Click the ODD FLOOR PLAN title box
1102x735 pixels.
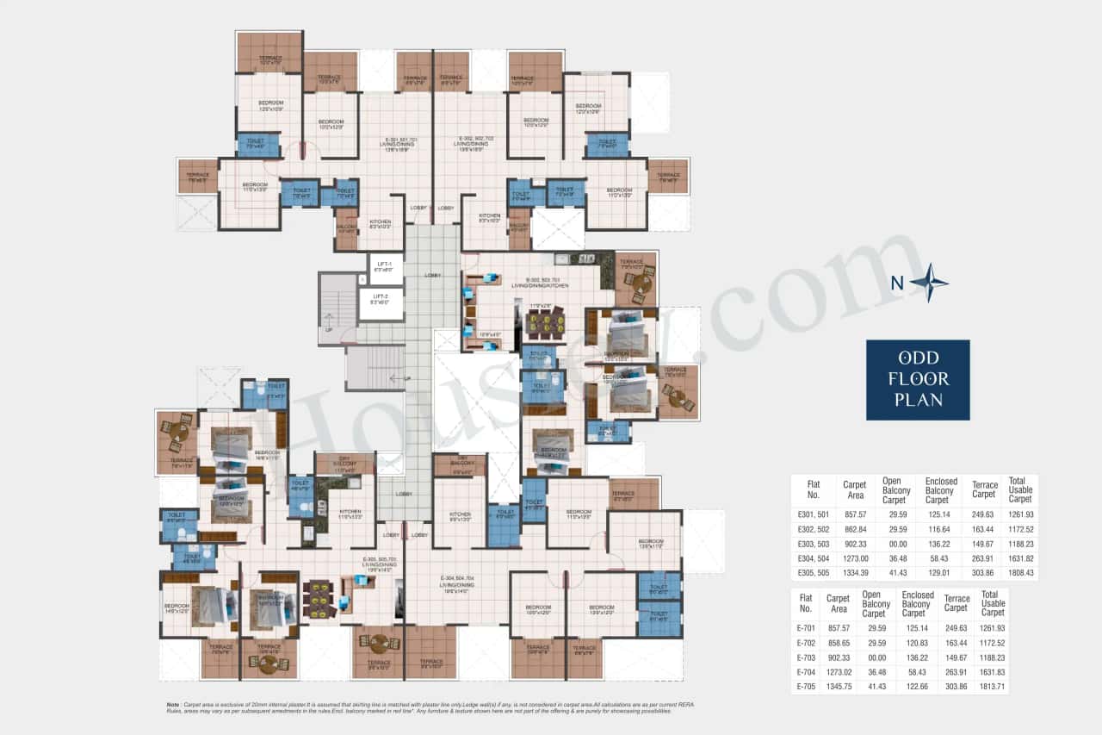point(918,379)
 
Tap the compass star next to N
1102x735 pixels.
point(928,283)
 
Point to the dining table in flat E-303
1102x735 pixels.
point(545,323)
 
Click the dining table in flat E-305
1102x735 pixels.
point(319,597)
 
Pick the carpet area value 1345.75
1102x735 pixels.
point(838,687)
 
